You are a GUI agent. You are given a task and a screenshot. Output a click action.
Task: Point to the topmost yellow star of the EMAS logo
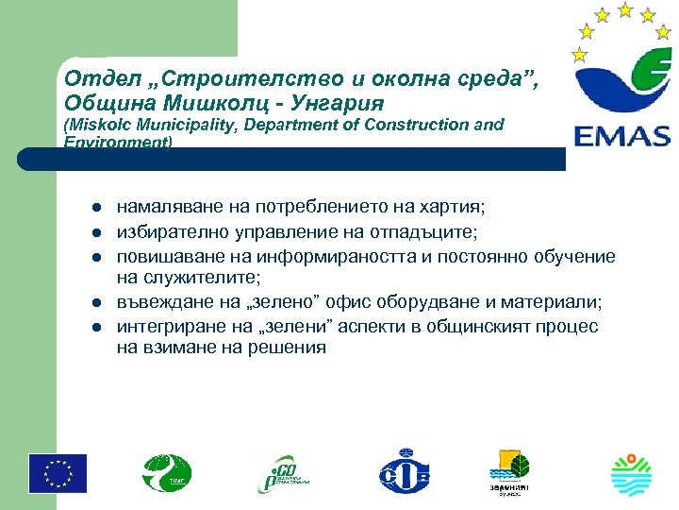pos(625,9)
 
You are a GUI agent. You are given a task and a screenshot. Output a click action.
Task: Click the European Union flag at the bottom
pos(58,473)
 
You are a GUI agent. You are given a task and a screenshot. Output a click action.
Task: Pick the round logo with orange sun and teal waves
pos(632,473)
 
